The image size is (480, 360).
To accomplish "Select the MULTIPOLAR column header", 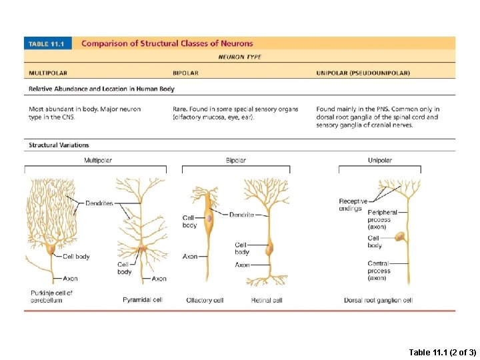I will pos(47,73).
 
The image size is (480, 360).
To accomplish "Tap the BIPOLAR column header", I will pos(185,73).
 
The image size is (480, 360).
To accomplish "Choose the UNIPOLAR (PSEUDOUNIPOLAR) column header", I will pos(363,73).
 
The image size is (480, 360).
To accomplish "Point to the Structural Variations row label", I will pos(59,145).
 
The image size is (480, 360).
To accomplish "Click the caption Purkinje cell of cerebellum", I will pos(51,297).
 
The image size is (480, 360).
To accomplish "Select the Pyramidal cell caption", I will pos(143,300).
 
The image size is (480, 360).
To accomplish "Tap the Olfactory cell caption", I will pos(205,301).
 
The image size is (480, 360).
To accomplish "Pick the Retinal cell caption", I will pos(267,301).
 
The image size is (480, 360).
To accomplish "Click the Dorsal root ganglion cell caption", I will pos(378,301).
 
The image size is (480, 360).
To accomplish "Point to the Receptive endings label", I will pos(353,205).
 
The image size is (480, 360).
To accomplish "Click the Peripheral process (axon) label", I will pos(382,219).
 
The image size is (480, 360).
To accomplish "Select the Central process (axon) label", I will pos(379,271).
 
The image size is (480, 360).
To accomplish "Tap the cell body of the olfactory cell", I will pos(209,217).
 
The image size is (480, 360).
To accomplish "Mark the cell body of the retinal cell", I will pos(270,250).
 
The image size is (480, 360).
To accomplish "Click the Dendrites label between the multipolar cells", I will pos(99,203).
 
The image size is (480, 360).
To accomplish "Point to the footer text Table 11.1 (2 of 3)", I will pos(441,351).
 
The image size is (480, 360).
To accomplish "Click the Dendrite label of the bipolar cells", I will pos(241,215).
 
